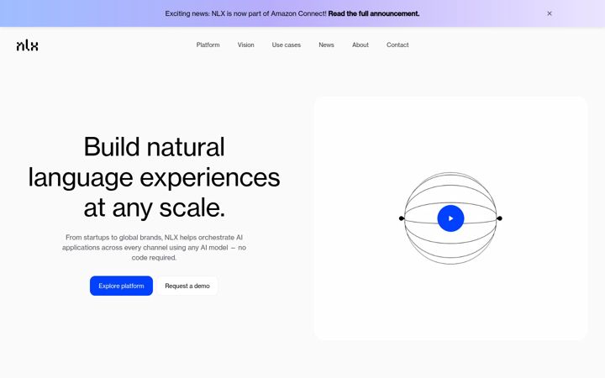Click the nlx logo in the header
pyautogui.click(x=28, y=45)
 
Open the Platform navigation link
pyautogui.click(x=208, y=45)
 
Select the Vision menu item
pyautogui.click(x=245, y=45)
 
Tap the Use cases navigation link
pyautogui.click(x=287, y=45)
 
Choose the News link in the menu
pyautogui.click(x=326, y=45)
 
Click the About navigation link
pyautogui.click(x=360, y=45)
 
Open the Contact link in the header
pyautogui.click(x=397, y=45)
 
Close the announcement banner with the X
pyautogui.click(x=550, y=13)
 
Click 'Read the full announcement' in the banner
pyautogui.click(x=374, y=13)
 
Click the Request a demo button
pyautogui.click(x=187, y=286)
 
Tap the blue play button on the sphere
pyautogui.click(x=450, y=218)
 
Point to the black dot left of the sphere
pyautogui.click(x=402, y=218)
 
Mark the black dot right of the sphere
pyautogui.click(x=499, y=218)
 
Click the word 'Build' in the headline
pyautogui.click(x=112, y=147)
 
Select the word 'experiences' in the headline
pyautogui.click(x=210, y=178)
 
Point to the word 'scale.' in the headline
pyautogui.click(x=192, y=208)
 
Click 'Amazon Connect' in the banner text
pyautogui.click(x=298, y=13)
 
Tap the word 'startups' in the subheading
pyautogui.click(x=95, y=237)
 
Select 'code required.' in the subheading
pyautogui.click(x=154, y=258)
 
